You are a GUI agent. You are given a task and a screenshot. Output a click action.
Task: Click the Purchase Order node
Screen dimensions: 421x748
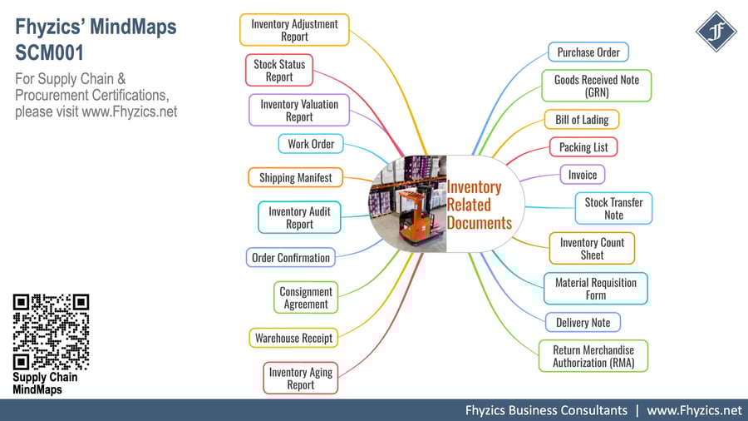point(588,52)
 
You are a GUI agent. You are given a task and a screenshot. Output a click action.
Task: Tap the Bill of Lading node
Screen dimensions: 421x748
point(582,120)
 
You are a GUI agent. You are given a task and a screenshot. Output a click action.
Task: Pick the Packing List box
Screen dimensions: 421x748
point(583,147)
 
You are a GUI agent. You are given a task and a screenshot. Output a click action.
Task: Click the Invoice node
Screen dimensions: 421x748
point(583,176)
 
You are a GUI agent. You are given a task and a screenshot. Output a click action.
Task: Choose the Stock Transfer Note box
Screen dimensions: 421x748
point(613,209)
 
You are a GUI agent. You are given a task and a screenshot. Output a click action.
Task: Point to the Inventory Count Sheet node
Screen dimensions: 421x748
point(592,249)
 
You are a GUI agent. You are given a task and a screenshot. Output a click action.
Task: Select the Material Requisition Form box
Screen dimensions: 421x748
point(595,289)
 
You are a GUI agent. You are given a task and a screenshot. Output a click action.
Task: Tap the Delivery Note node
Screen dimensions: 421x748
point(583,323)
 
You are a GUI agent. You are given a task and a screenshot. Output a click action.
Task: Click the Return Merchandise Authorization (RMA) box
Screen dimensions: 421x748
point(593,356)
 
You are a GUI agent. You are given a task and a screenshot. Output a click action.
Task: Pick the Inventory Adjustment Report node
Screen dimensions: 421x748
point(294,30)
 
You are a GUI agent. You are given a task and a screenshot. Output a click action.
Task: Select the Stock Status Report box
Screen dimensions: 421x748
point(279,71)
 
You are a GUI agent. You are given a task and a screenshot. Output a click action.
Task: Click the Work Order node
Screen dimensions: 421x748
point(311,144)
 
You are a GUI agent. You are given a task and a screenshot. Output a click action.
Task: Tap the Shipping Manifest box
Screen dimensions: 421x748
point(295,177)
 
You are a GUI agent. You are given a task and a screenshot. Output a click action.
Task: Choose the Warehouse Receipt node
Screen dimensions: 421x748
point(293,338)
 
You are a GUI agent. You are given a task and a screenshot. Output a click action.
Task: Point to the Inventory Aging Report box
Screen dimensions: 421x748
point(300,379)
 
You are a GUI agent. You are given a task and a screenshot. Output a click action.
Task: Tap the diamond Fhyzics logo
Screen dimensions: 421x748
point(716,32)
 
